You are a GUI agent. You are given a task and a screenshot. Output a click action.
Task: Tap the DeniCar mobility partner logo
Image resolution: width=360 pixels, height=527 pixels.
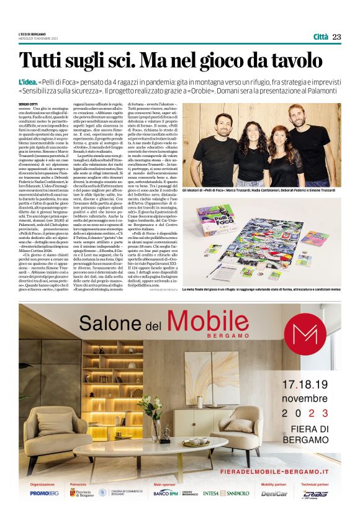pos(274,494)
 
